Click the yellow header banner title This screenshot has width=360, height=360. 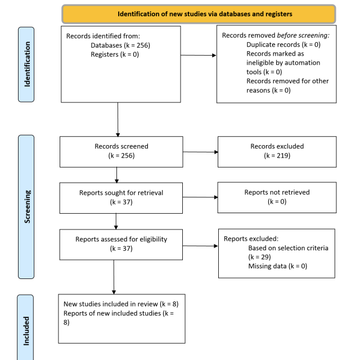pos(205,14)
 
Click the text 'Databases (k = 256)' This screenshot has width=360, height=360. pos(120,45)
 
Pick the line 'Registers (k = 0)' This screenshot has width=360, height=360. pos(115,55)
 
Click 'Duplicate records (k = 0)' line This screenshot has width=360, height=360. pos(283,44)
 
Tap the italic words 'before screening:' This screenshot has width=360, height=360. pos(303,35)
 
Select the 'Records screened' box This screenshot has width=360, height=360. pos(121,152)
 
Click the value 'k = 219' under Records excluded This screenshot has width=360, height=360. pos(277,156)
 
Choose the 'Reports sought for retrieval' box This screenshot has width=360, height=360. pos(121,198)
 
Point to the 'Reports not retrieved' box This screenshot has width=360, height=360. pos(277,197)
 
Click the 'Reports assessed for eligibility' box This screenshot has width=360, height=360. pos(121,245)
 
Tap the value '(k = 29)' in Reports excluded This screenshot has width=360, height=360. pos(259,257)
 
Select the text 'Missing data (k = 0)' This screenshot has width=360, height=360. pos(277,266)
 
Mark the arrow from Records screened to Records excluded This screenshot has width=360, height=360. pos(200,152)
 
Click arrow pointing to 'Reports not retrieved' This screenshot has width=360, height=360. pos(200,197)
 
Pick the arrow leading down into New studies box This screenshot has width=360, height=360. pos(114,277)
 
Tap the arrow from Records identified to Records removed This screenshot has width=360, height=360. pos(199,55)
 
